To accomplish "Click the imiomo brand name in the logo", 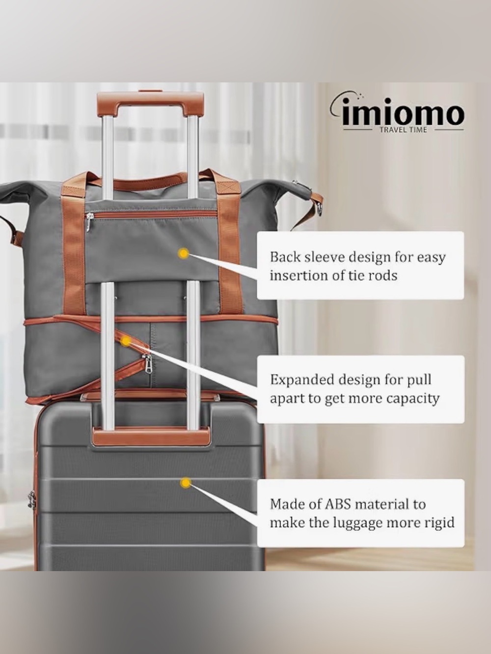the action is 403,114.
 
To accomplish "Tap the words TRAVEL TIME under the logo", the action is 403,130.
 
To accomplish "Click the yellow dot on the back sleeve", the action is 184,253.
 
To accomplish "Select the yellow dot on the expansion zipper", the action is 126,341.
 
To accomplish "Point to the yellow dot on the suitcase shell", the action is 186,483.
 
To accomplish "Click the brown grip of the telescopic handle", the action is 150,103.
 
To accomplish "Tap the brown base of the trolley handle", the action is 151,437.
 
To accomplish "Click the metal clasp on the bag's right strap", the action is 320,209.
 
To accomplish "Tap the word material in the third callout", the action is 380,504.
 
